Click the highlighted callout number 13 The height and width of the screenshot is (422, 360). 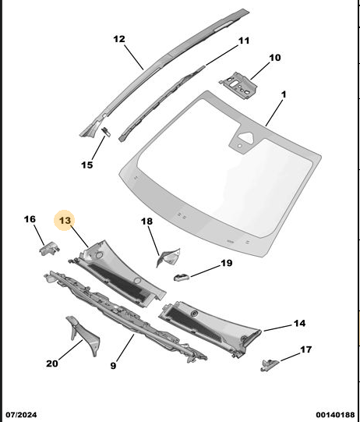coord(65,221)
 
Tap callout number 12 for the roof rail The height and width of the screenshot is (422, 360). coord(119,39)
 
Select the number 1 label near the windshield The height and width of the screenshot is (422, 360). coord(284,94)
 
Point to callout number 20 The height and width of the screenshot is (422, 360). coord(52,363)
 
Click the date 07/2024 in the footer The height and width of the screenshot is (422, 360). coord(22,415)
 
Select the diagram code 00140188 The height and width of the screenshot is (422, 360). coord(335,415)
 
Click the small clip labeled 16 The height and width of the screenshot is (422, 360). coord(49,248)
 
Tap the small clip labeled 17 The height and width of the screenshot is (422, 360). coord(270,365)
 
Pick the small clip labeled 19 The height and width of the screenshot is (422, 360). coord(182,276)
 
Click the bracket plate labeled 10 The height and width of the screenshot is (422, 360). coord(238,85)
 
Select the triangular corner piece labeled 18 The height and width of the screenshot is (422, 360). coord(168,257)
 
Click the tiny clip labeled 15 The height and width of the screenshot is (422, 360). coord(106,132)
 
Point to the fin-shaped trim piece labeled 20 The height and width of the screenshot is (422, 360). coord(83,335)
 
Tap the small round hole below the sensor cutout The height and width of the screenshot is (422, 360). coord(239,146)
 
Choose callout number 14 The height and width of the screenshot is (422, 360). coord(299,323)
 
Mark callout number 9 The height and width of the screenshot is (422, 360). coord(113,366)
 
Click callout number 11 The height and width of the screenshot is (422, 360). coord(244,41)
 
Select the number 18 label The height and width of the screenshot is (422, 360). coord(146,222)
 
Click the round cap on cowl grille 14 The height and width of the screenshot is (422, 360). coord(193,314)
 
